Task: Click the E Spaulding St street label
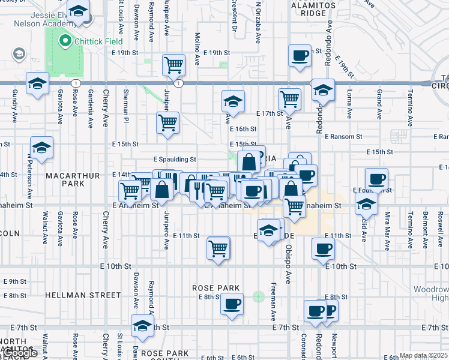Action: coord(175,160)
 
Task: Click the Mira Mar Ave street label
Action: coord(388,225)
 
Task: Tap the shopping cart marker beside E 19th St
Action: coord(174,64)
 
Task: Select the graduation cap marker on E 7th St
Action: coord(142,326)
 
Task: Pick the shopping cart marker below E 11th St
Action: coord(218,247)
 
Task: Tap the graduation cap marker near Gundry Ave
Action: coord(37,83)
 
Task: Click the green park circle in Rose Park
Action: coord(259,296)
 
